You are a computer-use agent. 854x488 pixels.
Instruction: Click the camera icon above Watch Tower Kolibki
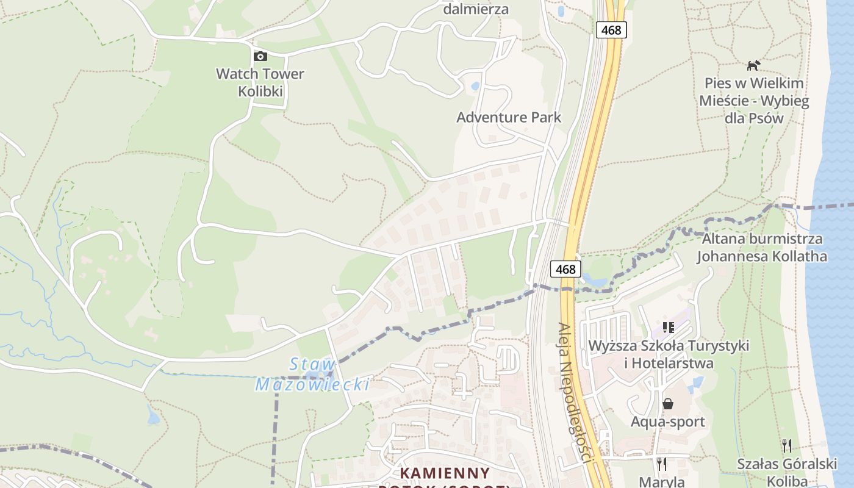point(260,56)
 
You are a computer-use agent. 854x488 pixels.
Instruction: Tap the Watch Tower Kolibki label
point(260,83)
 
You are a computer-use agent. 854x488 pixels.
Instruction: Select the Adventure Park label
point(509,117)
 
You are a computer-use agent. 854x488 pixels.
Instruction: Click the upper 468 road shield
point(611,30)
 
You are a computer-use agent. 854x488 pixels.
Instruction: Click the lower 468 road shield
point(565,268)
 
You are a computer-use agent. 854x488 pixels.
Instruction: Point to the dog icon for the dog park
point(754,65)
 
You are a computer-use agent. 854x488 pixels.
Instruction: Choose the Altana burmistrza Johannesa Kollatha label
point(762,247)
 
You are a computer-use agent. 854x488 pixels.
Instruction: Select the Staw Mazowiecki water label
point(312,375)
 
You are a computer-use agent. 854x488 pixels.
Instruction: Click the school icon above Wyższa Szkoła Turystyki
point(669,328)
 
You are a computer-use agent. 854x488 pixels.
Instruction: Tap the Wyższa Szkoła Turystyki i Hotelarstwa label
point(669,354)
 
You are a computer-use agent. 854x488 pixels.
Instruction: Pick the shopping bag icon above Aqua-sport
point(668,404)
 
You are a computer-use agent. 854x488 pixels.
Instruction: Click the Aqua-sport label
point(668,422)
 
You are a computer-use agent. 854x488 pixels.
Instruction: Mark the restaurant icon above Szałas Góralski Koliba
point(787,446)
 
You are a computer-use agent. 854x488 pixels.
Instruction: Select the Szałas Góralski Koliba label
point(787,472)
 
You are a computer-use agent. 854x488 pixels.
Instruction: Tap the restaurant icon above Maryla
point(661,464)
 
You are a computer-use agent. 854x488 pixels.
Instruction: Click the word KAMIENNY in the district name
point(445,473)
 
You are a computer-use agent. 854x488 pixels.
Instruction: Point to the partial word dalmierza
point(476,9)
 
